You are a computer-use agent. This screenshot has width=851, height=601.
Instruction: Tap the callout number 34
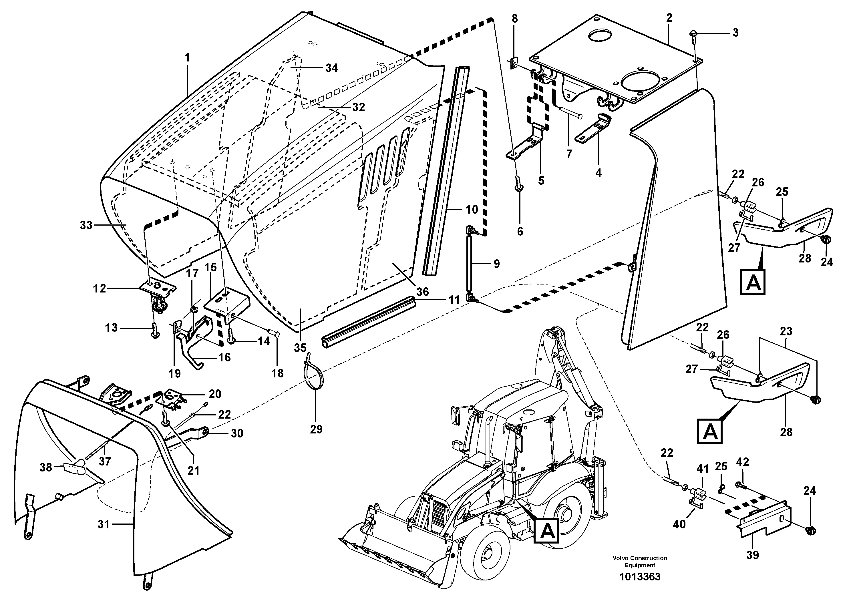[331, 68]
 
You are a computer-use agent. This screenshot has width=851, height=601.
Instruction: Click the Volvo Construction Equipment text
[640, 561]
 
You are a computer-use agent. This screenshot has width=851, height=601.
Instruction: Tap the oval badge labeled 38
[75, 468]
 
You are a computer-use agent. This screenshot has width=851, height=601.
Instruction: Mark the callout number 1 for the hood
[187, 58]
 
